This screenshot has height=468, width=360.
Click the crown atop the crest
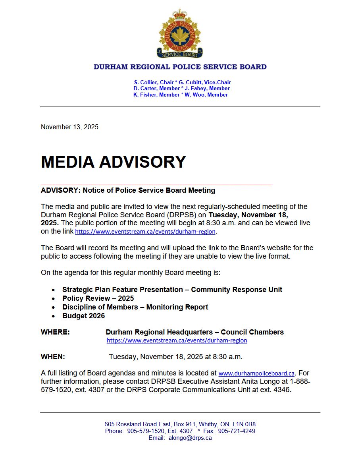[x=180, y=14]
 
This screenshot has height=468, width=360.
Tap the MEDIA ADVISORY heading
[x=114, y=162]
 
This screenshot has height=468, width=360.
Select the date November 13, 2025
[x=69, y=127]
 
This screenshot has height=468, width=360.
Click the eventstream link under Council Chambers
[x=177, y=340]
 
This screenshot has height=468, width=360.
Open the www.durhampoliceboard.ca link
[x=256, y=373]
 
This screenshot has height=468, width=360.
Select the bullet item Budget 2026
[x=83, y=316]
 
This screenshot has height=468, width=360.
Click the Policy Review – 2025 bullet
[x=98, y=298]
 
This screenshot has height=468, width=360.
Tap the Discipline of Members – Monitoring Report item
[x=135, y=307]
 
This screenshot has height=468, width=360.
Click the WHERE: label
[x=55, y=332]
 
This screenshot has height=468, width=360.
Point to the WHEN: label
[x=53, y=357]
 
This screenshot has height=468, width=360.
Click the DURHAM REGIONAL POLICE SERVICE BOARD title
[x=180, y=67]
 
